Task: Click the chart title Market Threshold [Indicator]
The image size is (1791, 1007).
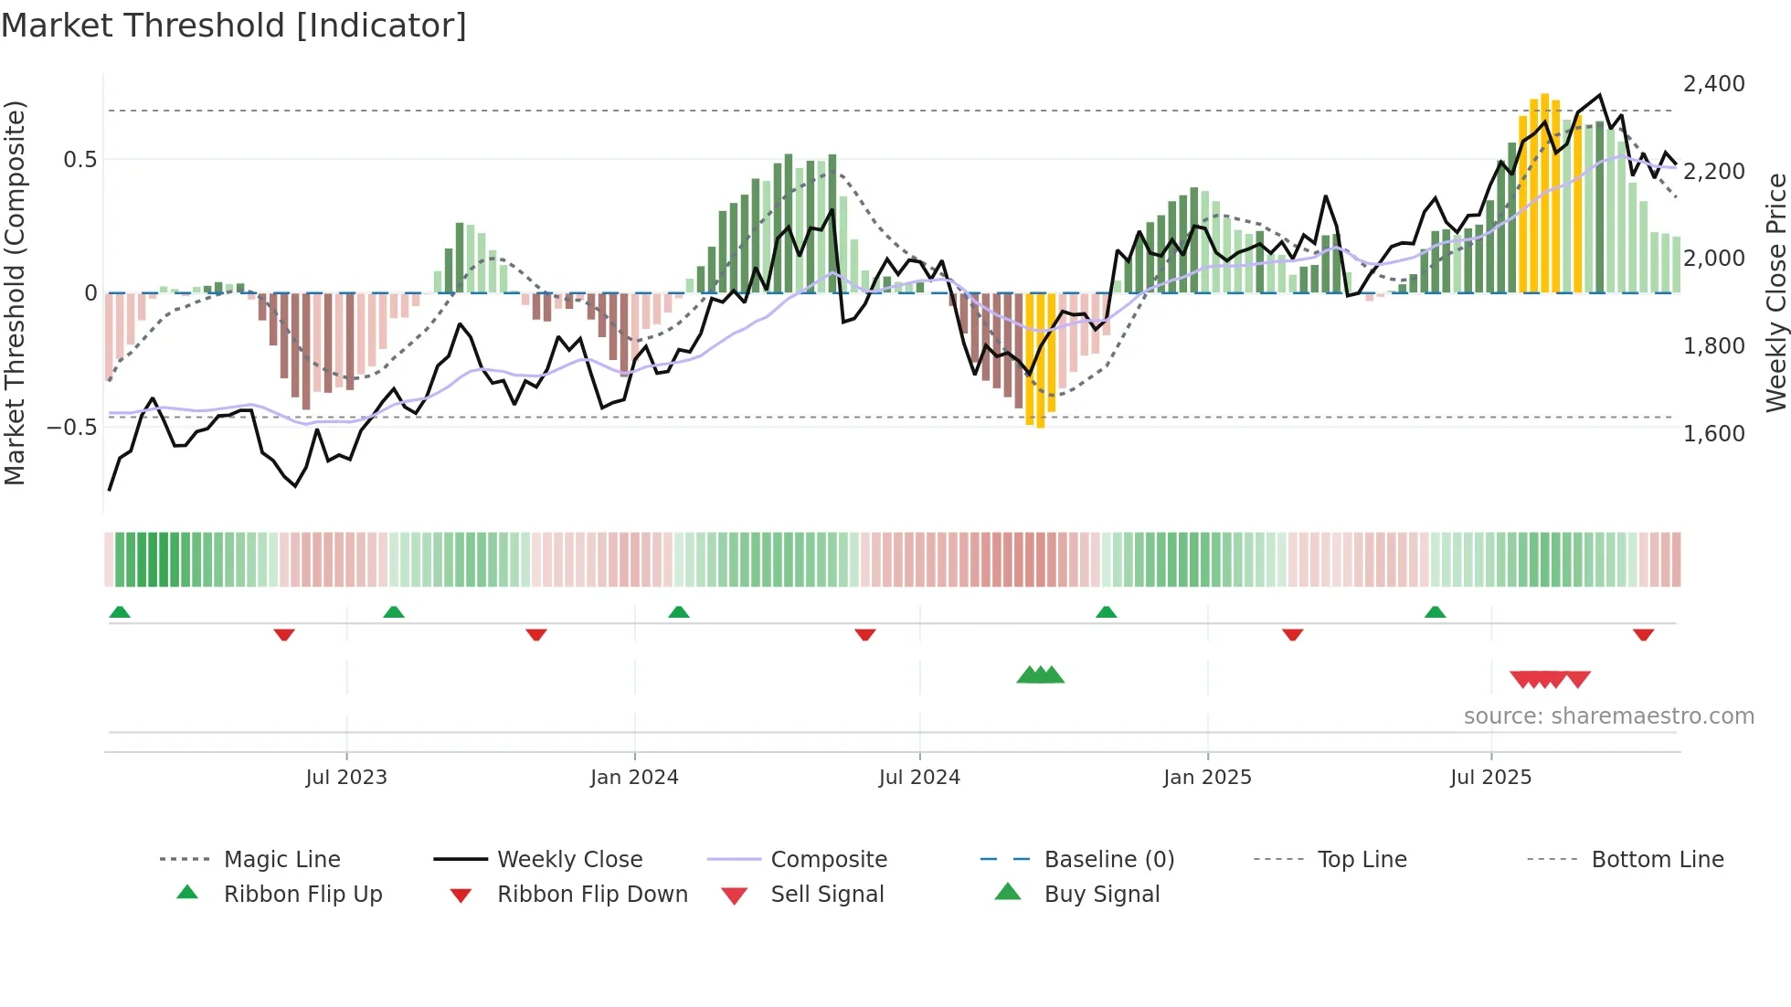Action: (x=234, y=26)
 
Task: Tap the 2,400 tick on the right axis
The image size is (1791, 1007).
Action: (x=1713, y=84)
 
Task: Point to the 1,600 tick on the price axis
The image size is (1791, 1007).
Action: (x=1713, y=434)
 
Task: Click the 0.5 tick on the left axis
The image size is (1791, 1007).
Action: (x=79, y=160)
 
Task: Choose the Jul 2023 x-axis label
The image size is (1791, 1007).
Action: (x=346, y=778)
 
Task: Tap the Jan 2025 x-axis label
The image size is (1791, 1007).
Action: (x=1207, y=778)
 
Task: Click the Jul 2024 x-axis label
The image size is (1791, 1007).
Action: (x=919, y=778)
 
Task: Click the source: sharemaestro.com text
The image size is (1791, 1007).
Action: (x=1608, y=716)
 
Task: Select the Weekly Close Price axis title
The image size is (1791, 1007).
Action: (x=1775, y=292)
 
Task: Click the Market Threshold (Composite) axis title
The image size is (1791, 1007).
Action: (x=15, y=292)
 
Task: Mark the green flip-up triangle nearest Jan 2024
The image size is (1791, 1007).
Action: (x=678, y=612)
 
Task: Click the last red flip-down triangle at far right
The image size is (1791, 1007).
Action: (x=1643, y=635)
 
